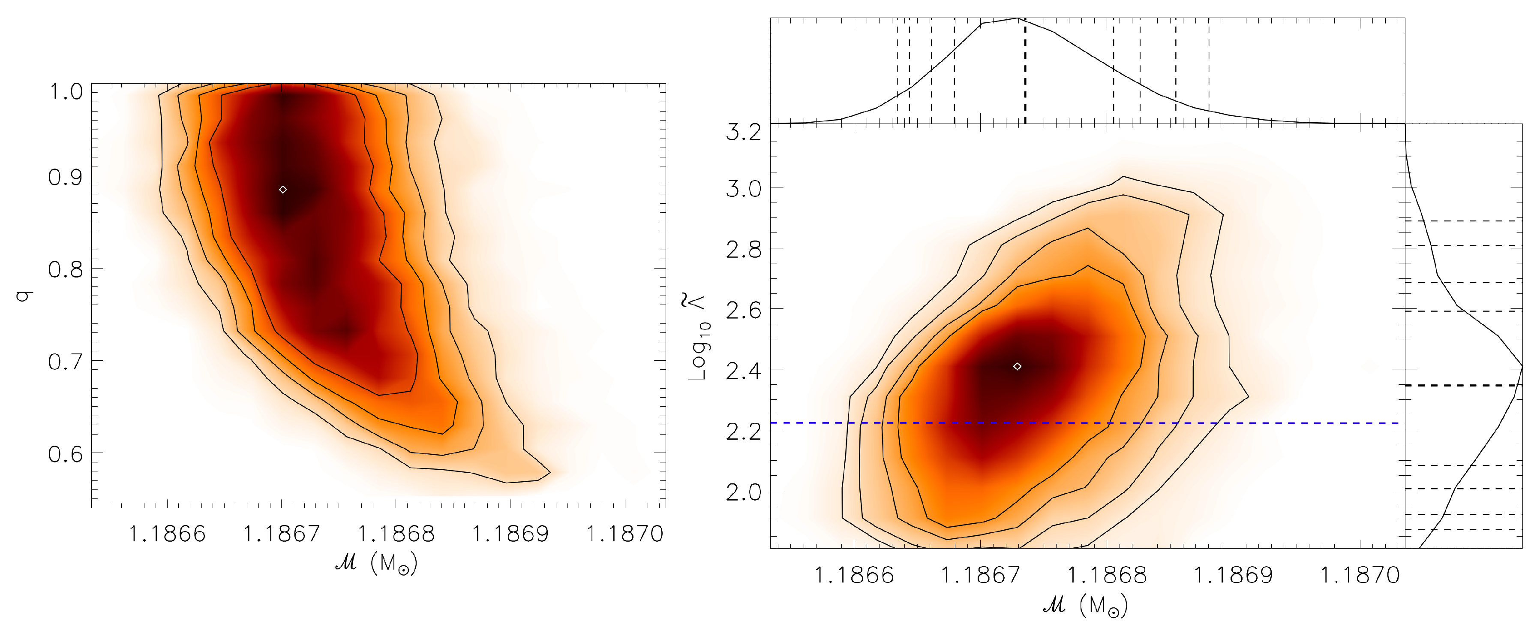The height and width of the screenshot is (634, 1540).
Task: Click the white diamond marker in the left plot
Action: coord(283,190)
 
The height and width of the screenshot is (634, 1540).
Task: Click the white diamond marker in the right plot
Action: coord(1017,367)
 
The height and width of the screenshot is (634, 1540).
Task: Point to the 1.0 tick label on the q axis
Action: coord(66,92)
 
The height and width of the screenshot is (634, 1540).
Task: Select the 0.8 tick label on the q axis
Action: coord(66,270)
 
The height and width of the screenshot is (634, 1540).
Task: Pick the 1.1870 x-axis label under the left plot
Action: coord(625,534)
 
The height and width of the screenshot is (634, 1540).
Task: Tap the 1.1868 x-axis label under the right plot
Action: coord(1107,575)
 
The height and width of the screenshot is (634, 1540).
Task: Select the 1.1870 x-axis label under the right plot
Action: coord(1360,575)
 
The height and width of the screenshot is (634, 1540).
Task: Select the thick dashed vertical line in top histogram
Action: coord(1025,72)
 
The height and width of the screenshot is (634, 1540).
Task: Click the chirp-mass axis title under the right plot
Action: coord(1085,605)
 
